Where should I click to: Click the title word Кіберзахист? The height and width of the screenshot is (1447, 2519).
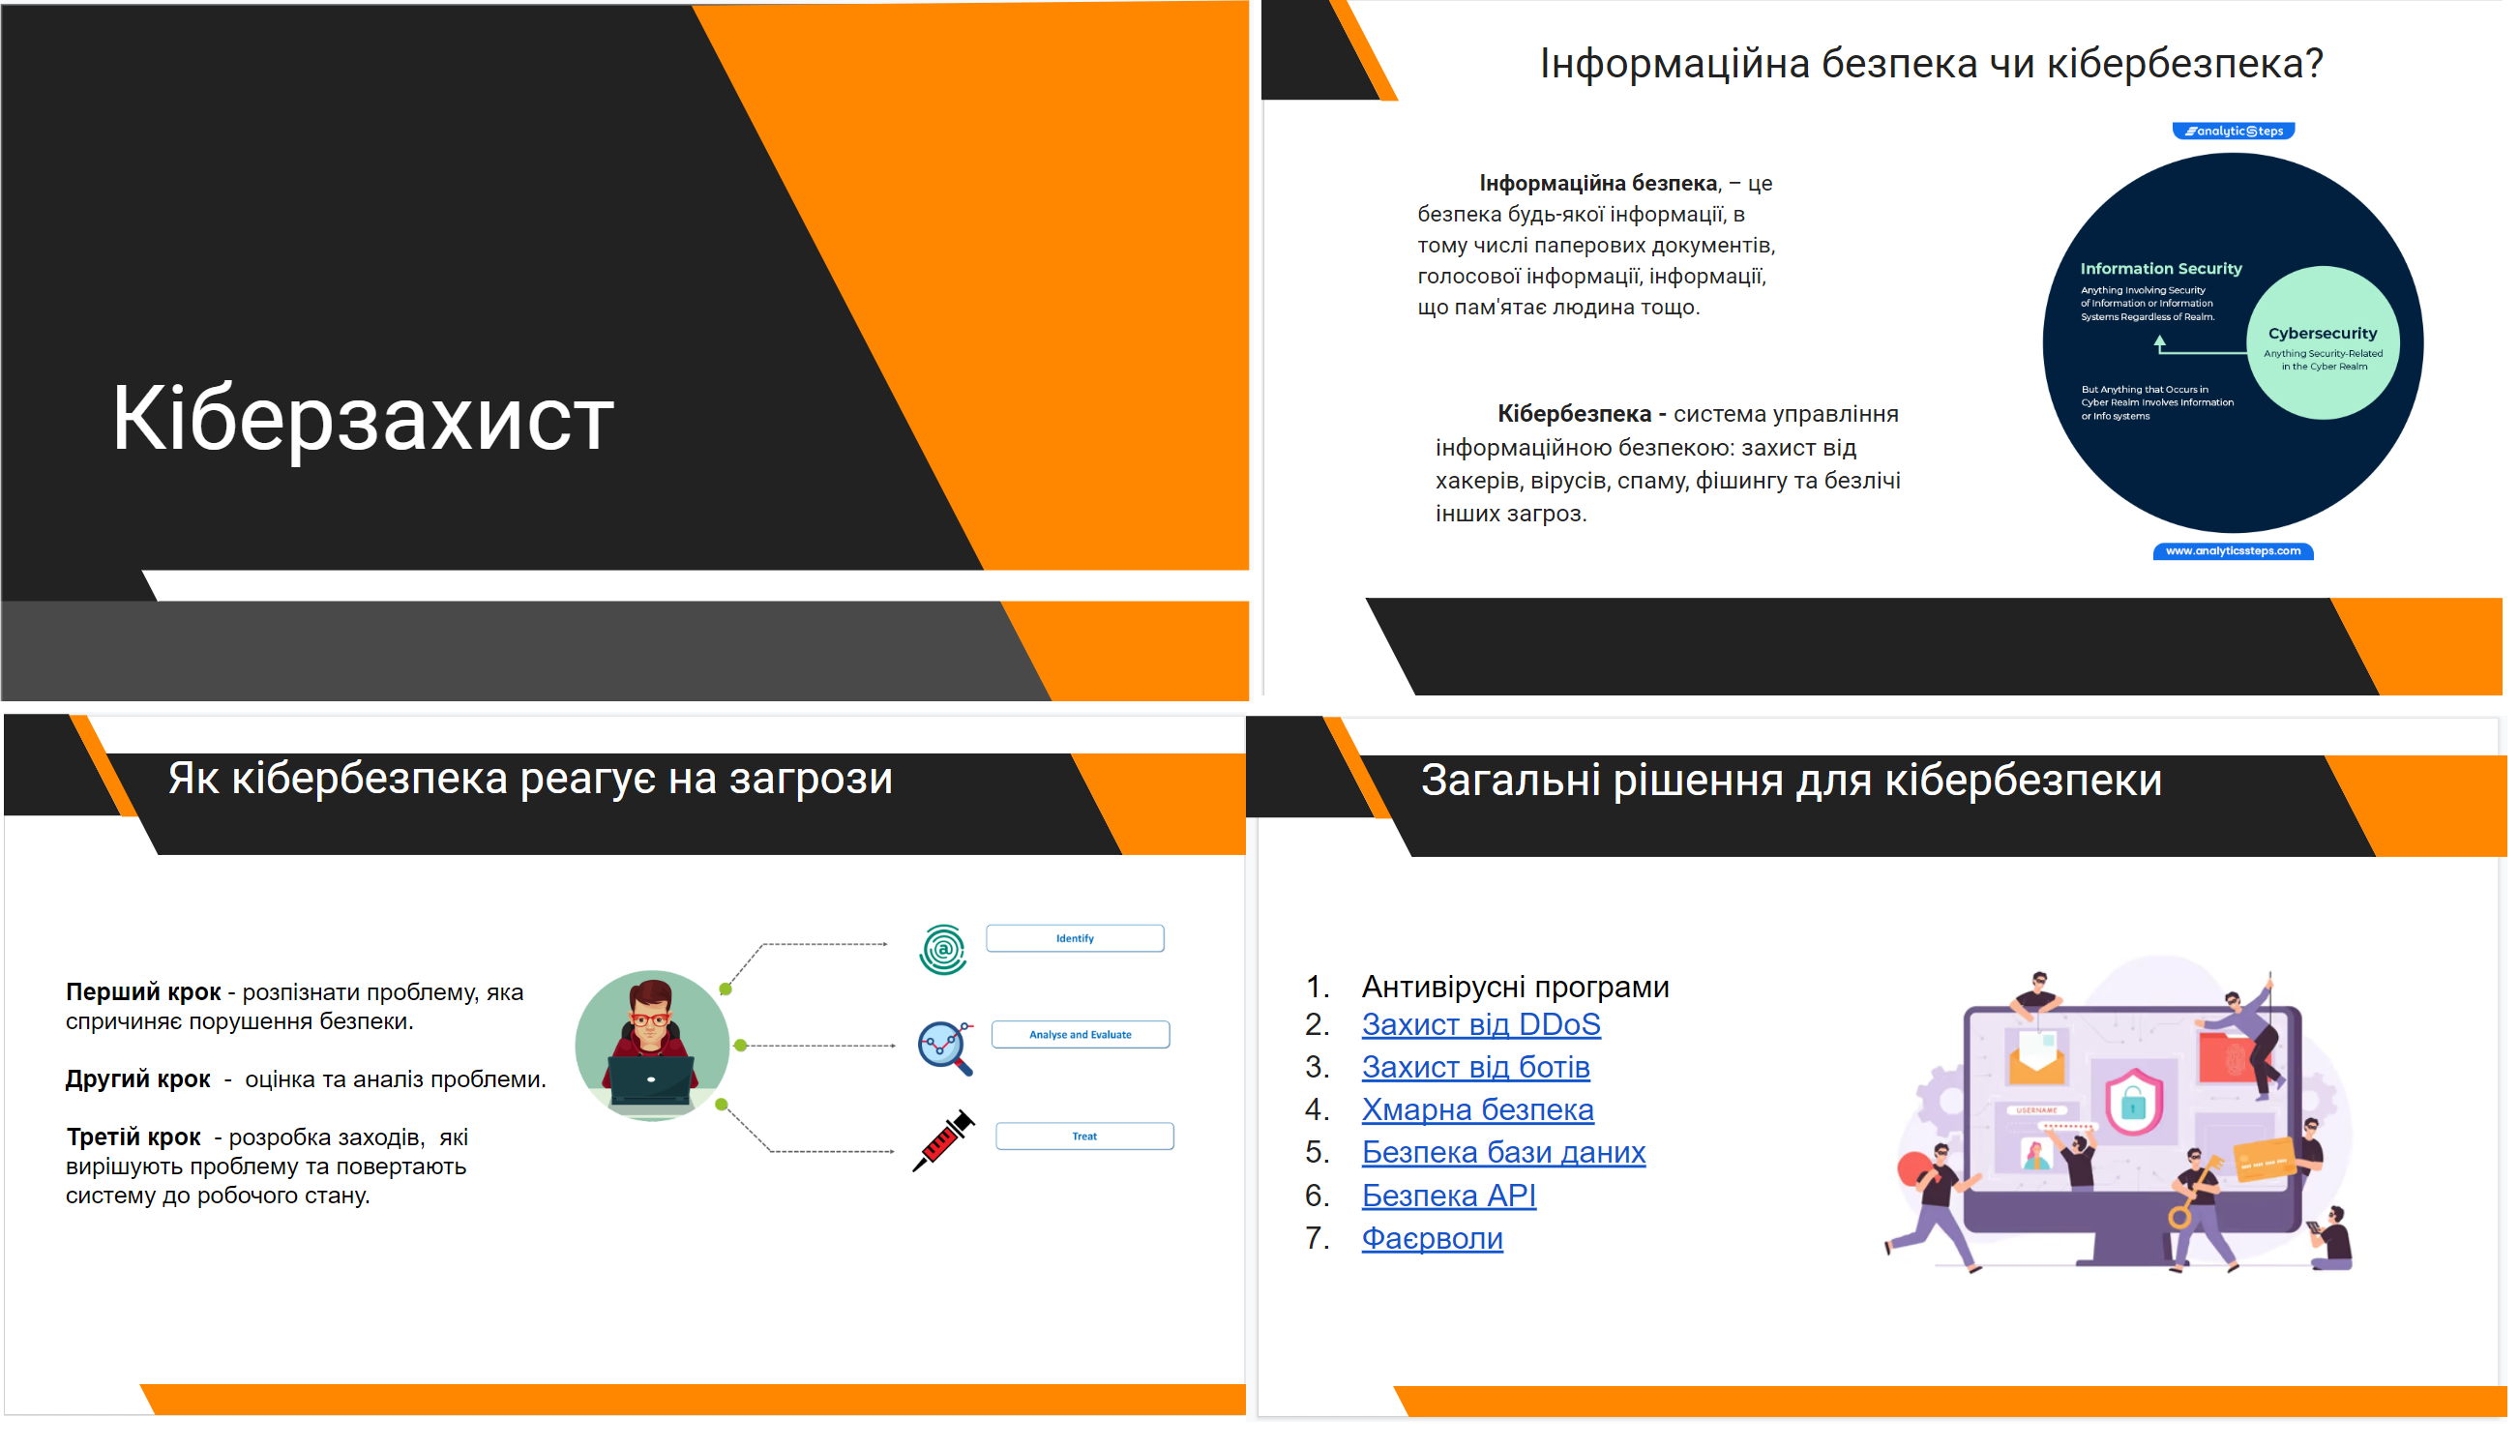(364, 421)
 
